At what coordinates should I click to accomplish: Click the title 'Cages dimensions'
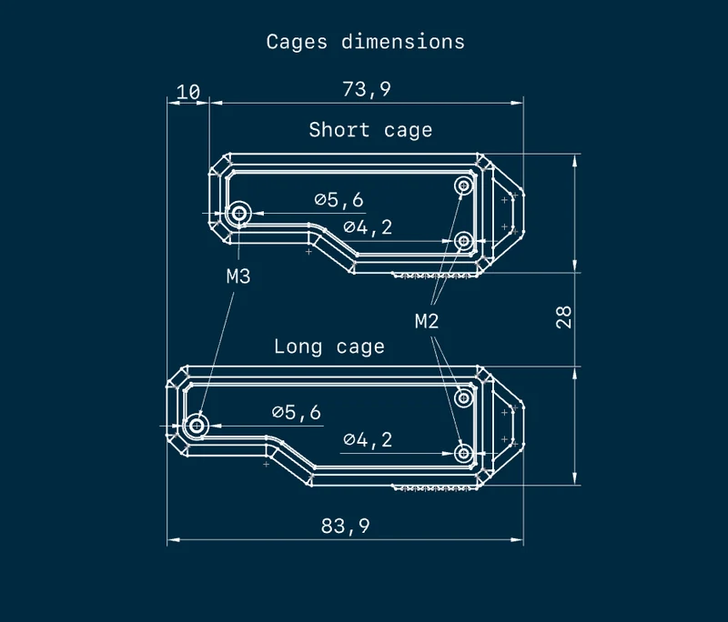pyautogui.click(x=366, y=42)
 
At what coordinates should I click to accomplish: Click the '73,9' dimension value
pyautogui.click(x=367, y=89)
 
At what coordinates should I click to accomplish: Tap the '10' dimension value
pyautogui.click(x=188, y=92)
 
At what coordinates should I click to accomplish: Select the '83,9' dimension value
pyautogui.click(x=346, y=526)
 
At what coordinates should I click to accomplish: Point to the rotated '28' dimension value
pyautogui.click(x=563, y=317)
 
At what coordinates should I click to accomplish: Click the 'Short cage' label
pyautogui.click(x=370, y=130)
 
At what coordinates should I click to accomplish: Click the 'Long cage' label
pyautogui.click(x=329, y=346)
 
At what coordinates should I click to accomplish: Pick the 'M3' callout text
pyautogui.click(x=238, y=276)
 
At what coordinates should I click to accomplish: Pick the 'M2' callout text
pyautogui.click(x=427, y=321)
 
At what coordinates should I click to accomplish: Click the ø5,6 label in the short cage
pyautogui.click(x=339, y=200)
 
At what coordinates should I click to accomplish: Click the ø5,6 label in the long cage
pyautogui.click(x=297, y=412)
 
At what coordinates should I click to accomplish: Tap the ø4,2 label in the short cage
pyautogui.click(x=368, y=227)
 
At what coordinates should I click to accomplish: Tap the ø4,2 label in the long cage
pyautogui.click(x=368, y=439)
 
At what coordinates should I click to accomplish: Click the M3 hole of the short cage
pyautogui.click(x=239, y=214)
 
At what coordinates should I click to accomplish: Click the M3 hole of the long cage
pyautogui.click(x=197, y=426)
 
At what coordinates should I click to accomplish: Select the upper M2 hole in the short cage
pyautogui.click(x=463, y=186)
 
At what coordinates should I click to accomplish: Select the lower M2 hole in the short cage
pyautogui.click(x=463, y=241)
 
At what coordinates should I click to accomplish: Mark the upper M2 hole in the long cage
pyautogui.click(x=463, y=398)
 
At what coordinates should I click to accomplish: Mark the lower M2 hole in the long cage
pyautogui.click(x=463, y=453)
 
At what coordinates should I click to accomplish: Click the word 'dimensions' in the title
pyautogui.click(x=403, y=42)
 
